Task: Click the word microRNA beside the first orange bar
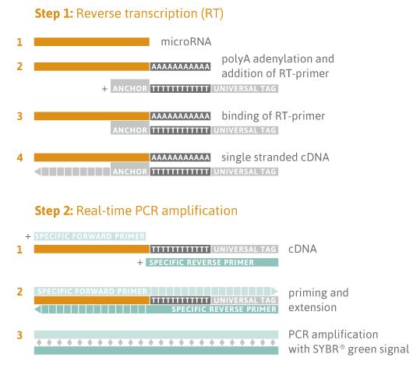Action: click(186, 42)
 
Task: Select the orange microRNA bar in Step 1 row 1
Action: click(92, 42)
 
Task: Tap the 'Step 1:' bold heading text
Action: click(54, 14)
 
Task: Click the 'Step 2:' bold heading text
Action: click(54, 211)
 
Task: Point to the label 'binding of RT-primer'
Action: click(274, 116)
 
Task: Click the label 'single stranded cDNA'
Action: click(275, 158)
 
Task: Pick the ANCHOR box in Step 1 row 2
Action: click(130, 86)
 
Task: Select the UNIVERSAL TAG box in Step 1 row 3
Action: click(245, 130)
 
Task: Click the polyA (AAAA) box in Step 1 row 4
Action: click(180, 158)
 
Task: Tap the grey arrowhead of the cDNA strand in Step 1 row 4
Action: click(37, 172)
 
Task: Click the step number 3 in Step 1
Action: click(19, 116)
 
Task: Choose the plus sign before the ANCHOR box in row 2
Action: click(104, 89)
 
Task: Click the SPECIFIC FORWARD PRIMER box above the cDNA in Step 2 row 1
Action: click(90, 236)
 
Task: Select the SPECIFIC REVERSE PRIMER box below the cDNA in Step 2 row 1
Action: click(212, 263)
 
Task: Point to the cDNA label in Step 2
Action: click(302, 249)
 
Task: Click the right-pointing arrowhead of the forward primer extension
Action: click(274, 291)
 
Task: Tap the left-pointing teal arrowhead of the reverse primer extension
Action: click(37, 310)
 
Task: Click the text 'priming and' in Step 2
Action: click(319, 292)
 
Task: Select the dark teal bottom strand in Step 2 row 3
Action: click(156, 350)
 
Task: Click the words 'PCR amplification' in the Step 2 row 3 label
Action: click(334, 335)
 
